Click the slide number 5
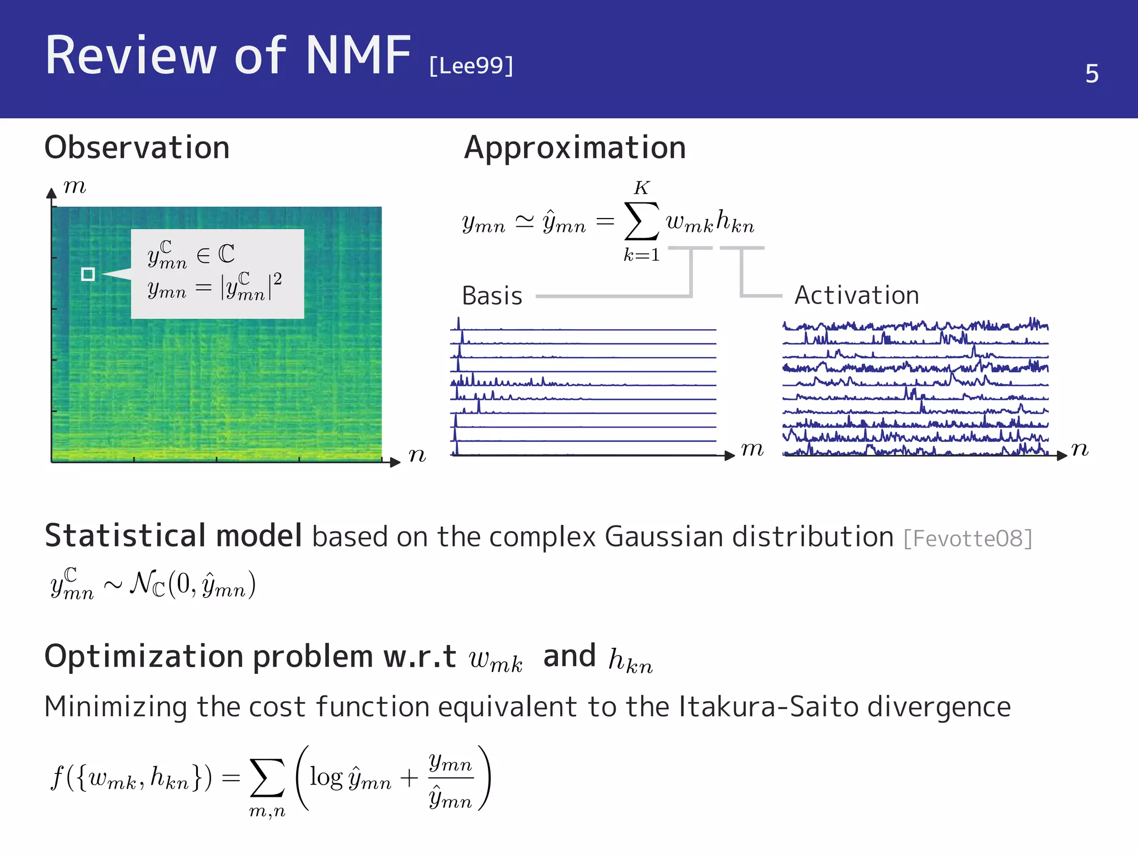(1091, 73)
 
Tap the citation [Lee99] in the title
(471, 66)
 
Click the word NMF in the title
(358, 55)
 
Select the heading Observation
(137, 148)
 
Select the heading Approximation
(575, 148)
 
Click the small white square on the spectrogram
(88, 274)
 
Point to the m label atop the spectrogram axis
(74, 186)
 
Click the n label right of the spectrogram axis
(417, 455)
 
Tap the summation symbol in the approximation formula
(641, 221)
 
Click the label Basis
(492, 296)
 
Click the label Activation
(856, 295)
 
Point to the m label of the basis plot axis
(752, 449)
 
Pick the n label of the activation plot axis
(1079, 449)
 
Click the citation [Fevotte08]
(967, 538)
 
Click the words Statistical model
(173, 536)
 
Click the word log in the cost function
(326, 777)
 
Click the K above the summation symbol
(641, 188)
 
